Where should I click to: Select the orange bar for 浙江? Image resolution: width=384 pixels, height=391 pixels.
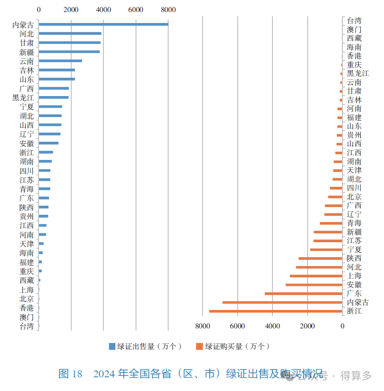[x=275, y=311]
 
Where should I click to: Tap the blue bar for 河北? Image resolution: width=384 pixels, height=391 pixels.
[x=70, y=33]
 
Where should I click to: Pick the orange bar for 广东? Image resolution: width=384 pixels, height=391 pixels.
[x=303, y=294]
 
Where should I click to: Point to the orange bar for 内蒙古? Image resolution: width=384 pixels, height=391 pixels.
[x=282, y=302]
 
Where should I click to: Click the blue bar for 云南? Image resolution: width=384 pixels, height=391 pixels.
[x=60, y=61]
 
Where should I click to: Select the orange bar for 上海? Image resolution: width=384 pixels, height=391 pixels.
[x=316, y=276]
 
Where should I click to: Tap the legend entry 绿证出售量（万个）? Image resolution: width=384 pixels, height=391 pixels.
[x=146, y=346]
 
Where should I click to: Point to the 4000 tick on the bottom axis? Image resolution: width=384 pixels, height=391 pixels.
[x=272, y=326]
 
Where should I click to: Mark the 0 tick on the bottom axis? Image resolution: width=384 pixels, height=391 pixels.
[x=342, y=326]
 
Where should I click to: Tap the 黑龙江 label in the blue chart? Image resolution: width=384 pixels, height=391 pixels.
[x=23, y=98]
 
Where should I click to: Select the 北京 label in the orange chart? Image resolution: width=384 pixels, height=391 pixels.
[x=354, y=197]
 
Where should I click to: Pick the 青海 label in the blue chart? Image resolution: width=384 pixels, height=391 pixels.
[x=27, y=189]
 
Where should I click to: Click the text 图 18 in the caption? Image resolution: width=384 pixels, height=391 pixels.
[x=70, y=374]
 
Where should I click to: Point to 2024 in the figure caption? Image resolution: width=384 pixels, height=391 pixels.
[x=105, y=374]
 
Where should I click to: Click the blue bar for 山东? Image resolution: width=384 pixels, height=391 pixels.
[x=57, y=79]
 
